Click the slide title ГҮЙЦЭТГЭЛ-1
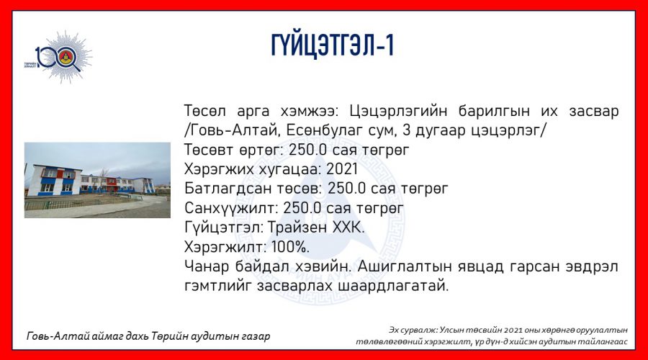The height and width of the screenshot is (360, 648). [332, 45]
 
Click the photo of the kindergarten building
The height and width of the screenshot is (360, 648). [97, 180]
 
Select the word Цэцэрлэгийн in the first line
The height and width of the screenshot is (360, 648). [398, 111]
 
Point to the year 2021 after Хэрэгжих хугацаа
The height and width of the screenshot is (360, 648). [342, 169]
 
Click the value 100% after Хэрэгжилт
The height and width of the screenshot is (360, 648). [291, 247]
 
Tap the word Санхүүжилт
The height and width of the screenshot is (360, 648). [232, 208]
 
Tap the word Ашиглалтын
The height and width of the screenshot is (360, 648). [403, 266]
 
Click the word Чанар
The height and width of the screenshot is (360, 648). [207, 266]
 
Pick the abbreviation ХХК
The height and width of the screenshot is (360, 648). [351, 228]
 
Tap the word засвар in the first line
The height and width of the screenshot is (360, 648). [593, 111]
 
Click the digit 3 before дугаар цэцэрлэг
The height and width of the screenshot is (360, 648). [406, 130]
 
